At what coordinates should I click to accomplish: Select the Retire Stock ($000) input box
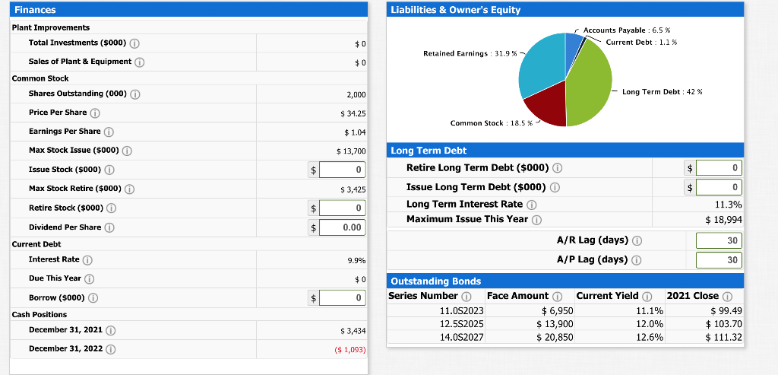tap(343, 208)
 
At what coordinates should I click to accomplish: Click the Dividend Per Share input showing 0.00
tap(343, 227)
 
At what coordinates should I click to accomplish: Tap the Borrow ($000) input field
tap(343, 298)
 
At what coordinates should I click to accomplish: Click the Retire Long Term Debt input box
tap(719, 167)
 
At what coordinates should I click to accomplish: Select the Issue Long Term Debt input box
tap(719, 186)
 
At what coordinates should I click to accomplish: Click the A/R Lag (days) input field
tap(719, 240)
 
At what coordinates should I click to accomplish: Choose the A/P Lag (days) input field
tap(719, 260)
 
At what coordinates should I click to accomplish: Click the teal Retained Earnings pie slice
tap(539, 65)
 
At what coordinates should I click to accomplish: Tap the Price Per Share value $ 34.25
tap(353, 113)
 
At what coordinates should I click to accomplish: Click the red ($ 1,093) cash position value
tap(350, 350)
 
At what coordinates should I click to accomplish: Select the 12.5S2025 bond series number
tap(461, 324)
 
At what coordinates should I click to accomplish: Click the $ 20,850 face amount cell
tap(557, 337)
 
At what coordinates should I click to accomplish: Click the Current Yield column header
tap(609, 296)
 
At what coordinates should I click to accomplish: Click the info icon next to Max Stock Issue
tap(127, 151)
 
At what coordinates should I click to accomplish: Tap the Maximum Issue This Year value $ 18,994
tap(723, 219)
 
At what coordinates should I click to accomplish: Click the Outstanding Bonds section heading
tap(426, 281)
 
